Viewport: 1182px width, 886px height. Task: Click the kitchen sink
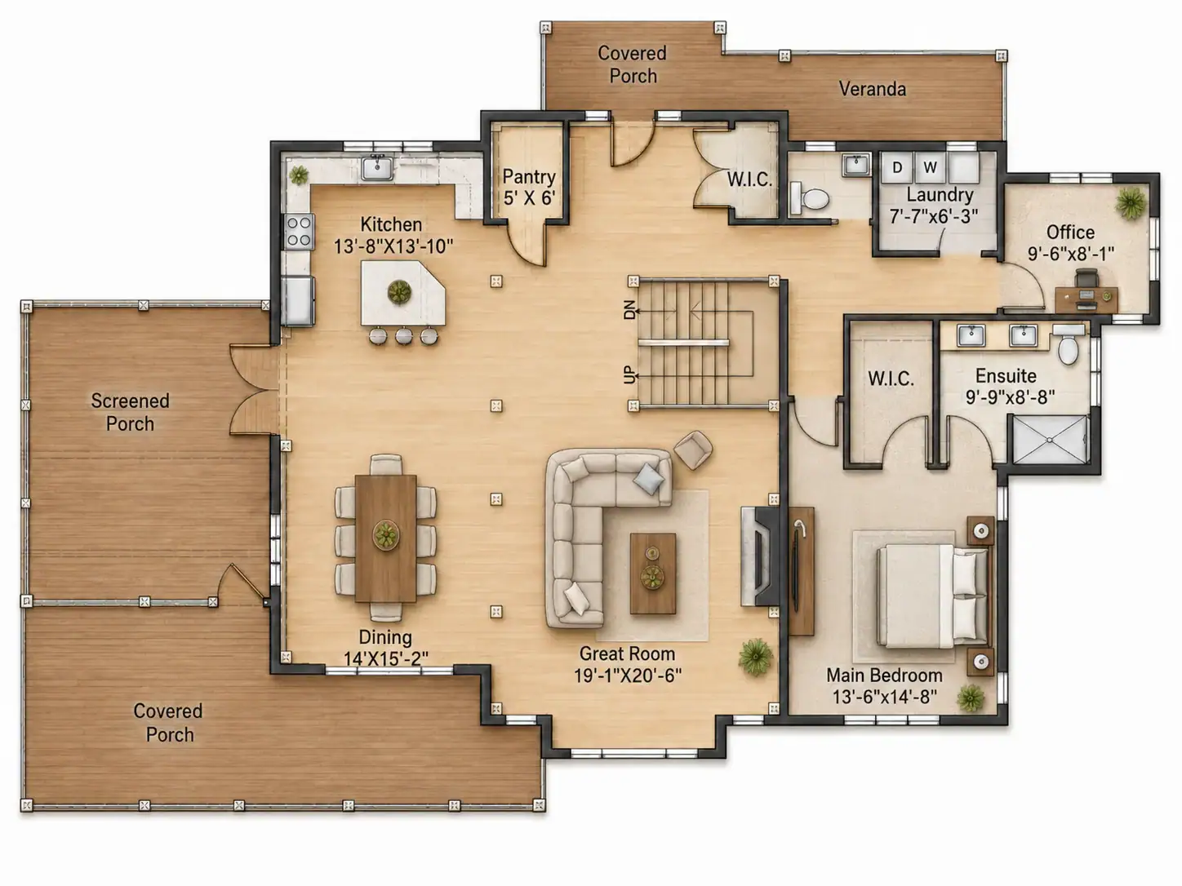[377, 167]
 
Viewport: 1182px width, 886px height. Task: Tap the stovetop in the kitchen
[299, 232]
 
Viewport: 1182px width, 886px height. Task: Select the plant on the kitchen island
[399, 292]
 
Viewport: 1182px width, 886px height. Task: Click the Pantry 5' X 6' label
[529, 187]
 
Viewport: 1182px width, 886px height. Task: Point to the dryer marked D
[897, 167]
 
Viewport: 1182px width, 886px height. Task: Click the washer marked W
[930, 167]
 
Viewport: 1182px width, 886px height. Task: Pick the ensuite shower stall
[1050, 440]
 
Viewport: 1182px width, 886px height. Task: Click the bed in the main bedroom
[933, 595]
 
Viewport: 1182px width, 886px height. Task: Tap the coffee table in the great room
[653, 573]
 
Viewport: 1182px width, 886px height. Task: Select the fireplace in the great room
[760, 556]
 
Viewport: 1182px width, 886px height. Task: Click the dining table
[385, 538]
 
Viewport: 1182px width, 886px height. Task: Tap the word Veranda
[873, 89]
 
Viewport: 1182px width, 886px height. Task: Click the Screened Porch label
[130, 412]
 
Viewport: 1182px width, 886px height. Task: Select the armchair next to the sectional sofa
[694, 450]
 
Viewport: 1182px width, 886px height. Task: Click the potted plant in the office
[1131, 203]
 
